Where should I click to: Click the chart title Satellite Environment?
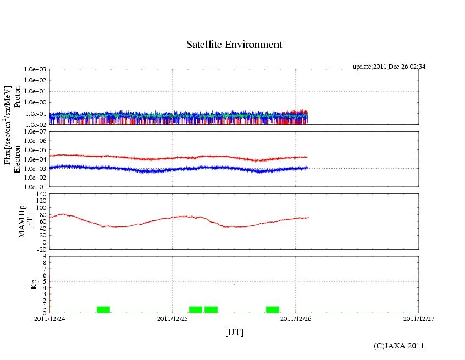[x=234, y=45]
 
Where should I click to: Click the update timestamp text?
[x=389, y=67]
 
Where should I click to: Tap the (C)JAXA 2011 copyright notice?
[x=398, y=346]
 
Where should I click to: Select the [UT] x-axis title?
[x=234, y=332]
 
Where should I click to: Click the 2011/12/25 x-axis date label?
[x=173, y=318]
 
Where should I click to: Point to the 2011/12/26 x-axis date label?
[x=296, y=318]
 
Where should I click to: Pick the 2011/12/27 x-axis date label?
[x=418, y=318]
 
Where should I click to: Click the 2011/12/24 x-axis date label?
[x=49, y=318]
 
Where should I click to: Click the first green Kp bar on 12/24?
[x=103, y=309]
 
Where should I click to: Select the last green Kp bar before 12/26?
[x=273, y=309]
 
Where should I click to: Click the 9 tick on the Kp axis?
[x=44, y=256]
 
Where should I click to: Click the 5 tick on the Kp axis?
[x=44, y=281]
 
